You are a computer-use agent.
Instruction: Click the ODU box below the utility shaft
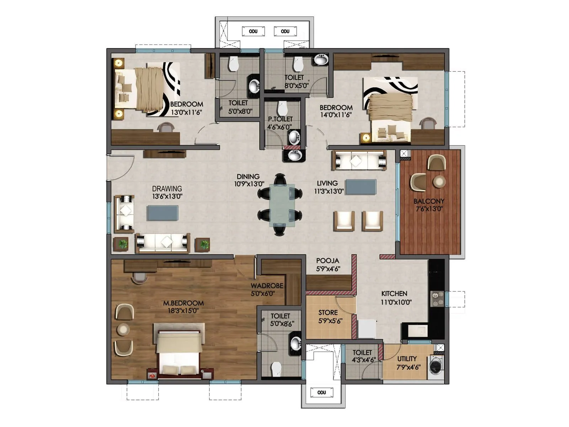(x=321, y=392)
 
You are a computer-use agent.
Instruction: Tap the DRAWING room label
(x=167, y=189)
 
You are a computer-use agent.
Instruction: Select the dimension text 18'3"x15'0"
(x=183, y=311)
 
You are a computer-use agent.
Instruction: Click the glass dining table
(x=282, y=205)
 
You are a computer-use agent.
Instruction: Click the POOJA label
(x=328, y=261)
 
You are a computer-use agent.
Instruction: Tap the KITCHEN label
(x=394, y=294)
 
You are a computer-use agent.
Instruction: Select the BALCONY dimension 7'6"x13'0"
(x=429, y=209)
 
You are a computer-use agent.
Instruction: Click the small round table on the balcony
(x=439, y=181)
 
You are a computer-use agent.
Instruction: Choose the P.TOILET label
(x=280, y=119)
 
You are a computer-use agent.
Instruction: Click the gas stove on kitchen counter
(x=437, y=299)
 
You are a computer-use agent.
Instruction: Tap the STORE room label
(x=328, y=312)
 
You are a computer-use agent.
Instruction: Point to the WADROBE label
(x=267, y=286)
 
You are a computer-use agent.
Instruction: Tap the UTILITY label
(x=406, y=359)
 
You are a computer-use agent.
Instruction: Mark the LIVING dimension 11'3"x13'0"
(x=329, y=191)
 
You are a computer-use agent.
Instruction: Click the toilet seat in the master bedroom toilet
(x=276, y=369)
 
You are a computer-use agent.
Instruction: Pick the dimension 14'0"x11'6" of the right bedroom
(x=336, y=115)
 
